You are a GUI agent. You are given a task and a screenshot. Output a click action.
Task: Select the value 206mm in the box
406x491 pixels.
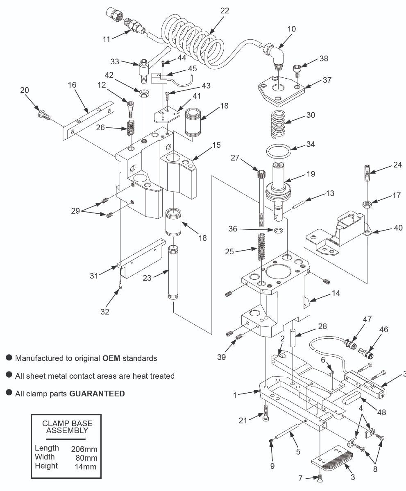point(84,448)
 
